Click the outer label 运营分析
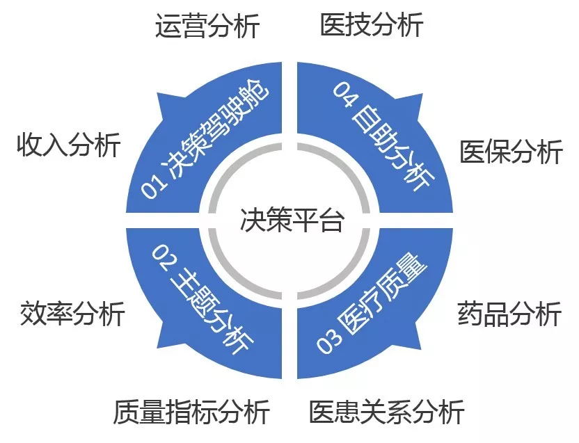click(207, 26)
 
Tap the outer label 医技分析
click(372, 24)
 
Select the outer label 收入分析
click(69, 145)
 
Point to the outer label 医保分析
click(511, 152)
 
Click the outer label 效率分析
click(72, 314)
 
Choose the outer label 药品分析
click(509, 314)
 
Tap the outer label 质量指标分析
click(191, 412)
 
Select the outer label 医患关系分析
click(386, 412)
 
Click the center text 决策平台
click(292, 220)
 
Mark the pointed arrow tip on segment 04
click(422, 94)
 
